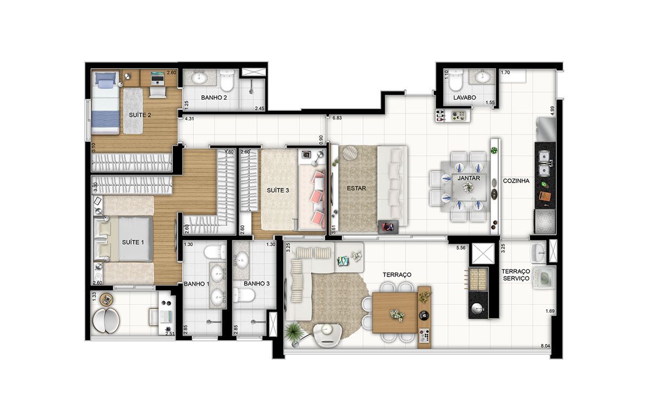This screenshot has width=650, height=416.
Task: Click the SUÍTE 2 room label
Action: (140, 115)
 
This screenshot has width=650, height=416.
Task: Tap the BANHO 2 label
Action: (214, 97)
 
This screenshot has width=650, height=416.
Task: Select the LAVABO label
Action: (465, 97)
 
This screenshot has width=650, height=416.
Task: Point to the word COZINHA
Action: (516, 181)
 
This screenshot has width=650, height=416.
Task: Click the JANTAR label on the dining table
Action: (469, 178)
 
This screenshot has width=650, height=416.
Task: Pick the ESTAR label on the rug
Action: (356, 188)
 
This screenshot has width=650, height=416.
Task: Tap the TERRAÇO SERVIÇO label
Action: (516, 275)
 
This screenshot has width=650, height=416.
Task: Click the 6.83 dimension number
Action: (337, 118)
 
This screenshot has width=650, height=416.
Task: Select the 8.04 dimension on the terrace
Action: (545, 346)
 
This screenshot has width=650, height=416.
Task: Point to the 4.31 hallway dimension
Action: (189, 119)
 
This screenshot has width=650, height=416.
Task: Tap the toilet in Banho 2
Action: (226, 80)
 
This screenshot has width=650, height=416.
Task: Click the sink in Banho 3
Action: (241, 260)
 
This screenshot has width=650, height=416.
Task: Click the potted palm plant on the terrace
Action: (294, 332)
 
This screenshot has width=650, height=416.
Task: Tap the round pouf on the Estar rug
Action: (350, 153)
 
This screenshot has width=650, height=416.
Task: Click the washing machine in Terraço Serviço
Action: (543, 278)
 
